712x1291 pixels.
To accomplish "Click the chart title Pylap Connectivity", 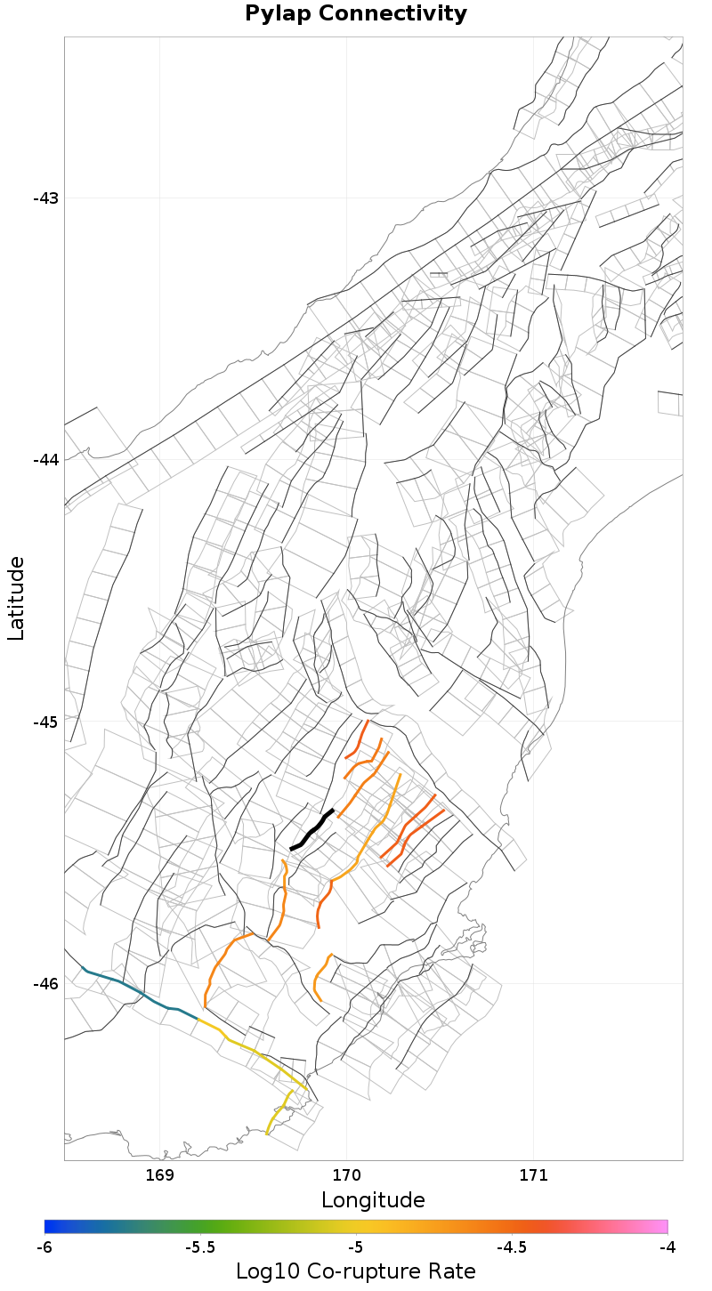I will pos(356,14).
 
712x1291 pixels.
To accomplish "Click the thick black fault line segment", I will pos(311,829).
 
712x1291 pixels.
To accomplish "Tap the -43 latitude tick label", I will pos(45,198).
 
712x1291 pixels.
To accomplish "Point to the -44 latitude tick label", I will pos(45,460).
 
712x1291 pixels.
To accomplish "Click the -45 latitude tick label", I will pos(45,722).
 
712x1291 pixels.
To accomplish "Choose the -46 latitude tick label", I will pos(45,984).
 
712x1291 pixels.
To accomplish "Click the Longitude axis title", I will pos(373,1200).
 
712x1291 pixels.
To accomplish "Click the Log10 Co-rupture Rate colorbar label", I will pos(356,1271).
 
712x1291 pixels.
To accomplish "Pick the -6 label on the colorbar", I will pos(44,1247).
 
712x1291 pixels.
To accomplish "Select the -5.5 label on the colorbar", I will pos(200,1247).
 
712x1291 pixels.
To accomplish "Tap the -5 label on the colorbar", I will pos(356,1247).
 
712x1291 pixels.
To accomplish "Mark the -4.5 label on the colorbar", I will pos(512,1247).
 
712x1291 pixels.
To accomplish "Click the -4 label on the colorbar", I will pos(667,1247).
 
